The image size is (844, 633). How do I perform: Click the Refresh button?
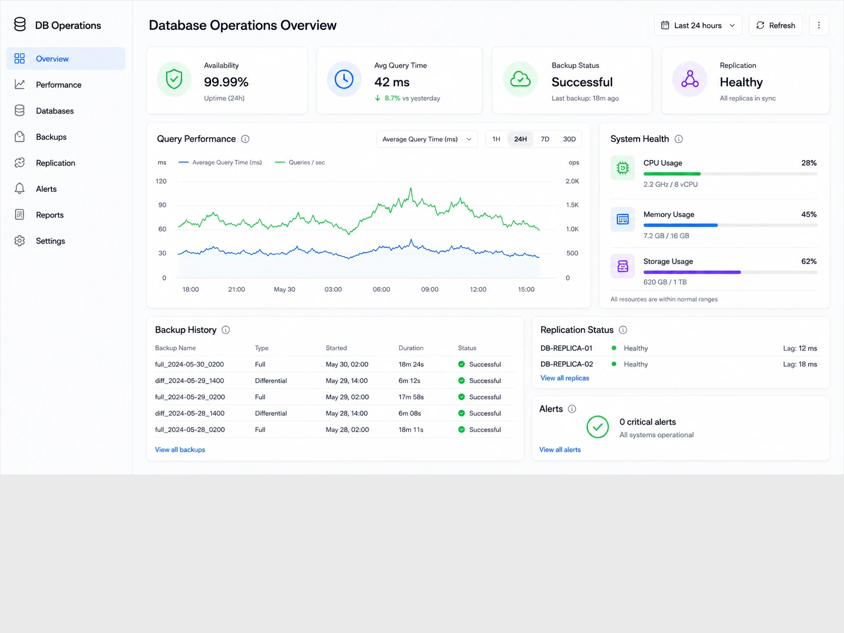pyautogui.click(x=775, y=25)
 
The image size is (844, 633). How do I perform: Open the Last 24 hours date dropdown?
pyautogui.click(x=698, y=25)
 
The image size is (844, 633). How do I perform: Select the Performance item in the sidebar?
pyautogui.click(x=59, y=85)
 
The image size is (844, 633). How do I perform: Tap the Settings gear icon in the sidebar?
pyautogui.click(x=20, y=241)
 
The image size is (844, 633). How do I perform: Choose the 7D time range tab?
pyautogui.click(x=545, y=139)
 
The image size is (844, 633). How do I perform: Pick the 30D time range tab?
pyautogui.click(x=569, y=139)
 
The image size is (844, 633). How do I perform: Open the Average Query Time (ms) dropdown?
pyautogui.click(x=427, y=139)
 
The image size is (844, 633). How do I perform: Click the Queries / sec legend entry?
pyautogui.click(x=300, y=163)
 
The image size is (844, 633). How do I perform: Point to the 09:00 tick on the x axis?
pyautogui.click(x=430, y=289)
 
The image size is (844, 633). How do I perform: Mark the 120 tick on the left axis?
pyautogui.click(x=161, y=181)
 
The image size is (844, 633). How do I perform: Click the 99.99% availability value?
pyautogui.click(x=226, y=82)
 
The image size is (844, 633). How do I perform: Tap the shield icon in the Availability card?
pyautogui.click(x=174, y=79)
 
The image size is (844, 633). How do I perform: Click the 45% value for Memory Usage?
pyautogui.click(x=809, y=215)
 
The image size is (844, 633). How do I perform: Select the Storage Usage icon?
pyautogui.click(x=622, y=266)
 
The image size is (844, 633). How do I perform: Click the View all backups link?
pyautogui.click(x=180, y=450)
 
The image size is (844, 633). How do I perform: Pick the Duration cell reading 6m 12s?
pyautogui.click(x=409, y=381)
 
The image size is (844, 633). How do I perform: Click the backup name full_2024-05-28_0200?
pyautogui.click(x=190, y=430)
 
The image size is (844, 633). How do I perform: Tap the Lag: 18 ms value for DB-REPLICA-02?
pyautogui.click(x=800, y=364)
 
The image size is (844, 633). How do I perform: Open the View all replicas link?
pyautogui.click(x=564, y=378)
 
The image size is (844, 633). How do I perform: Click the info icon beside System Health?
pyautogui.click(x=678, y=139)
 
